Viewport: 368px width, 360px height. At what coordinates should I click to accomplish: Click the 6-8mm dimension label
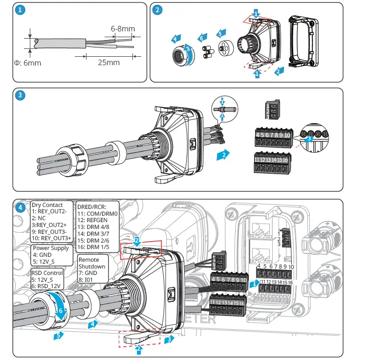pos(123,29)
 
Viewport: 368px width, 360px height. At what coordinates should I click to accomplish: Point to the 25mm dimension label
pos(108,63)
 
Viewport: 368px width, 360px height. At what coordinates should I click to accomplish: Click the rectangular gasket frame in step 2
pos(304,42)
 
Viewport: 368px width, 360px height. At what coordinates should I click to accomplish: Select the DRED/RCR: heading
pos(92,207)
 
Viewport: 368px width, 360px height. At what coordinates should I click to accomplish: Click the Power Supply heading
pos(50,248)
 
